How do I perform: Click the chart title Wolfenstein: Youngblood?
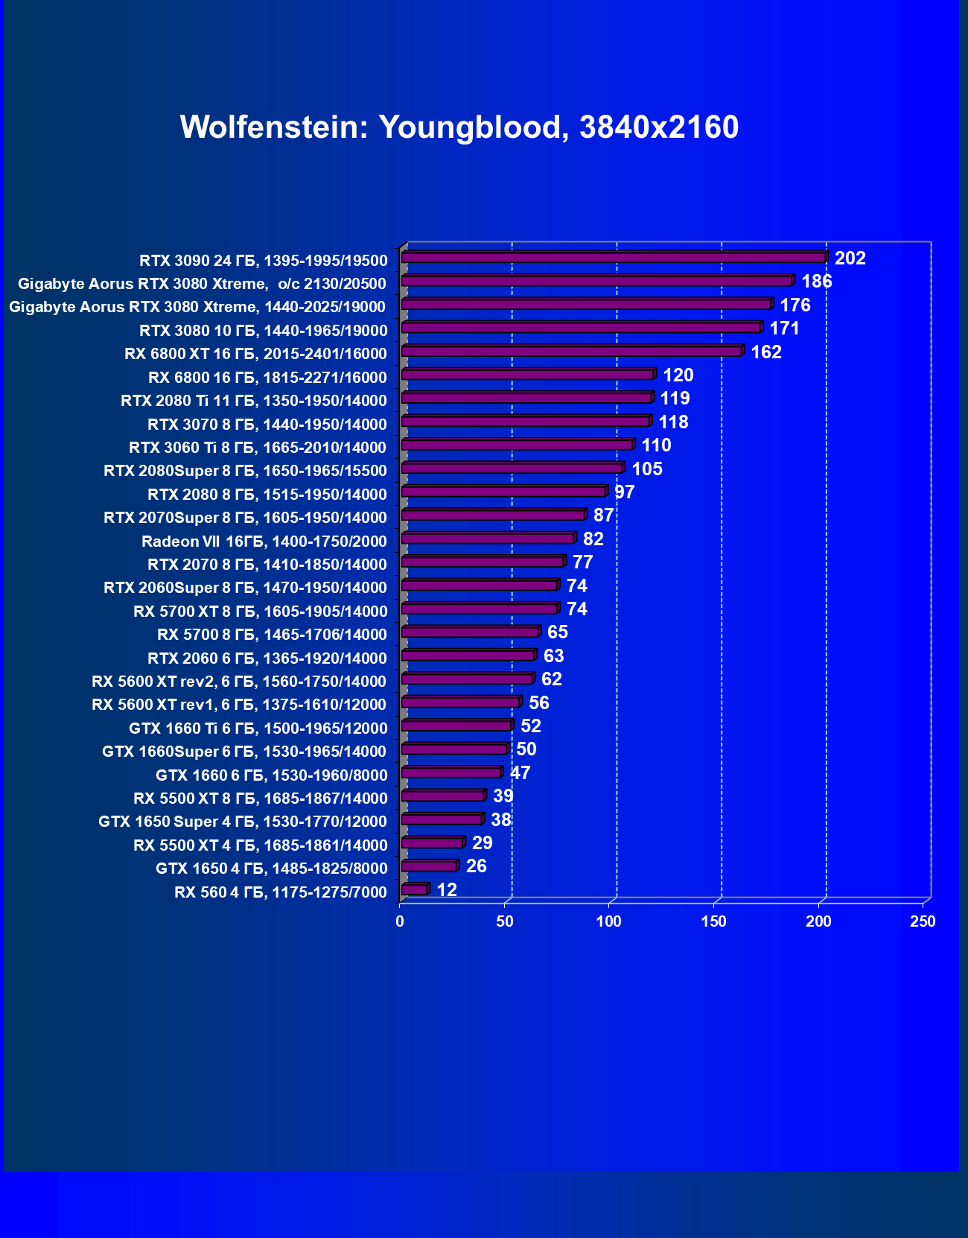pos(459,127)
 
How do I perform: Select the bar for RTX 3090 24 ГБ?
pos(614,258)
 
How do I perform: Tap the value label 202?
pos(850,258)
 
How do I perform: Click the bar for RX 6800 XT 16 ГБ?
pos(571,352)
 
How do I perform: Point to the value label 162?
pos(766,352)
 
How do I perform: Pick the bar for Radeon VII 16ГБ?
pos(488,539)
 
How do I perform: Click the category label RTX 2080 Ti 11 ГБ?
pos(254,401)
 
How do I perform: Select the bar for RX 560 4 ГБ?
pos(414,889)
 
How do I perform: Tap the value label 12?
pos(447,890)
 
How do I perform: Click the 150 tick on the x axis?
pos(713,921)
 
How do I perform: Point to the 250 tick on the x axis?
pos(923,921)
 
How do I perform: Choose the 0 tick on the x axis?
pos(400,921)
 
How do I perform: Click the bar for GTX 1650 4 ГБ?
pos(429,866)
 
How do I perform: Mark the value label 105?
pos(647,469)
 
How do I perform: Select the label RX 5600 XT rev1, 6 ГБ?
pos(239,705)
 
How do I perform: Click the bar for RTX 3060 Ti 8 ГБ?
pos(517,445)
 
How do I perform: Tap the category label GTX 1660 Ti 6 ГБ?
pos(258,728)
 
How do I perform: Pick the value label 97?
pos(624,492)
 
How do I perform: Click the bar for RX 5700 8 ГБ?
pos(470,632)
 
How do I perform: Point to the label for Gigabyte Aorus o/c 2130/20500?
pos(202,284)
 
